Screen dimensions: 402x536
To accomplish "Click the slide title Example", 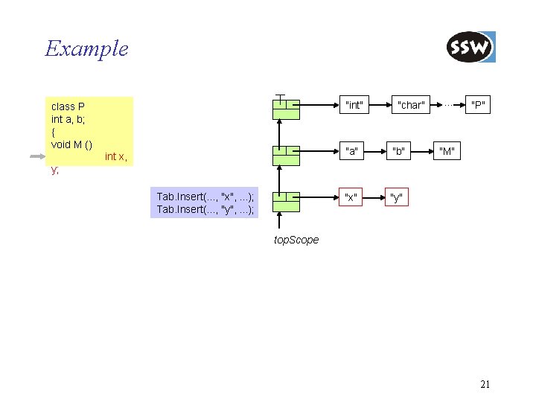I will coord(86,49).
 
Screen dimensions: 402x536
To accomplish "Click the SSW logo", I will coord(470,48).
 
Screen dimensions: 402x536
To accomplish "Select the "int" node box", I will coord(354,106).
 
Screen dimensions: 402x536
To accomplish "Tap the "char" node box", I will coord(411,106).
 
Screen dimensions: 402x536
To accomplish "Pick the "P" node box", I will coord(477,106).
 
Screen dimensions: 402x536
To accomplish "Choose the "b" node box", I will coord(399,153).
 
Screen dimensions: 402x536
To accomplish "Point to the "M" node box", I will coord(447,153).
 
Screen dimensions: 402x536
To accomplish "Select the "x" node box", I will coord(350,198).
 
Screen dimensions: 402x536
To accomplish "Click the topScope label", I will coord(296,240).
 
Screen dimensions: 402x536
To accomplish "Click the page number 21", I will coord(485,385).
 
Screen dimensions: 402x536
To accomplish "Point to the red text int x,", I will coord(115,156).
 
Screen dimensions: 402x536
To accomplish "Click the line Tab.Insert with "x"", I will coord(205,197).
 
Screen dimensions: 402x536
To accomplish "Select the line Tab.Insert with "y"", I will coord(205,209).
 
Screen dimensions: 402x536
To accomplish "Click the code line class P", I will coord(68,106).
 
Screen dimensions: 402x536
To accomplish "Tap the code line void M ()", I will coord(71,144).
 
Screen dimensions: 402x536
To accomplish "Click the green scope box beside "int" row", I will coord(285,109).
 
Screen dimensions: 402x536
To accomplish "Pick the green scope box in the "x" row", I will coord(285,202).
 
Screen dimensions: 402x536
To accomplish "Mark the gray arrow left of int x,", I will coord(38,156).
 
